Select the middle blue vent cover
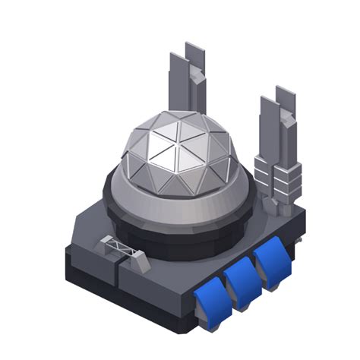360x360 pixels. (242, 279)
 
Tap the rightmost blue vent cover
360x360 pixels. (270, 262)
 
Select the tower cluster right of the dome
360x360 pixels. (278, 152)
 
